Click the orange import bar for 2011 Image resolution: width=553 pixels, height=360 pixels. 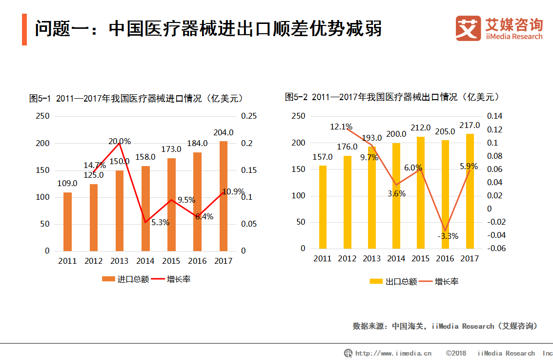click(x=67, y=221)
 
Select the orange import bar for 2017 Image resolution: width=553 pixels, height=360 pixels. click(x=223, y=195)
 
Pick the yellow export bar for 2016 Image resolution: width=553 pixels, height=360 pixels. click(x=446, y=194)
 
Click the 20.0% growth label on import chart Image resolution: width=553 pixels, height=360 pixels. click(x=119, y=142)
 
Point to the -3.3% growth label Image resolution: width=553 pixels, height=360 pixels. click(x=447, y=236)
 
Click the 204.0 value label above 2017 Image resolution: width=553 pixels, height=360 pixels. click(x=224, y=132)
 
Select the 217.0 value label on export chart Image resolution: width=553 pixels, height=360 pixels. click(x=470, y=126)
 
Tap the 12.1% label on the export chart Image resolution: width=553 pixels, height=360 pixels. click(x=341, y=127)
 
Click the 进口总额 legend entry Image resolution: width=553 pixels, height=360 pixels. click(x=125, y=279)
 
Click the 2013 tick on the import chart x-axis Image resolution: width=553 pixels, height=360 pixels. click(x=120, y=261)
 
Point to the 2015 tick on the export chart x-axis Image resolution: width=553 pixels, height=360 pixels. click(x=420, y=258)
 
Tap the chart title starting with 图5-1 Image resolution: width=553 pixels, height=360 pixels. click(x=136, y=98)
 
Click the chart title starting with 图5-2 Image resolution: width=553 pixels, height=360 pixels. click(x=392, y=97)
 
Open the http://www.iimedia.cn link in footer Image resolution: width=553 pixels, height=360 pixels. click(x=393, y=353)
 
